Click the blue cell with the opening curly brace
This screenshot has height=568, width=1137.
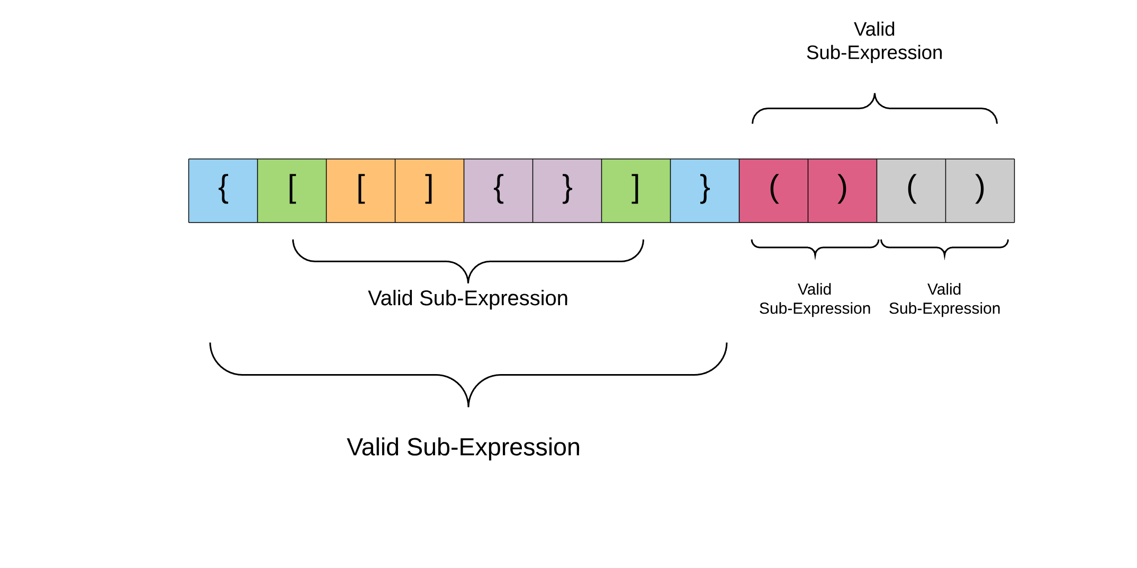(223, 191)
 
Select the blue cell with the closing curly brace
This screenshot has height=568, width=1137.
(705, 191)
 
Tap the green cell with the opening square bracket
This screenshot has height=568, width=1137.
(292, 191)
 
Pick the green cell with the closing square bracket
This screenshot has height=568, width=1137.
(636, 191)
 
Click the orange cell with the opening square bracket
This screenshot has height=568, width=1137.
(360, 191)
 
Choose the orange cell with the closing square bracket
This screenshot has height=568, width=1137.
(429, 191)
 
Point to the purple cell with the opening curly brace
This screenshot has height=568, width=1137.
(498, 191)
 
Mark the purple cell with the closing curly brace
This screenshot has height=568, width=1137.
(567, 191)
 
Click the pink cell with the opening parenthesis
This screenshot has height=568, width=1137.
(773, 191)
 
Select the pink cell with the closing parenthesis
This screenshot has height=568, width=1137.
(842, 191)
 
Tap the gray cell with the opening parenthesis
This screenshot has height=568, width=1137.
(911, 191)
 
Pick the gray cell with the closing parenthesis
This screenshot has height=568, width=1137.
(980, 191)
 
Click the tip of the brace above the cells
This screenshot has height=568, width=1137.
(874, 95)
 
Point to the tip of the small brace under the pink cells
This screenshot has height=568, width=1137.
(815, 258)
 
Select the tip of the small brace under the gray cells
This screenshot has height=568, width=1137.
(945, 258)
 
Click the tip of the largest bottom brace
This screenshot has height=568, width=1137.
(468, 405)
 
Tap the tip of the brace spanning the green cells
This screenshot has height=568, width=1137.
(468, 282)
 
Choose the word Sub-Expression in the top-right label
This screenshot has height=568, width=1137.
(874, 53)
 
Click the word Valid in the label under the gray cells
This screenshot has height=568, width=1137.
(944, 289)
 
